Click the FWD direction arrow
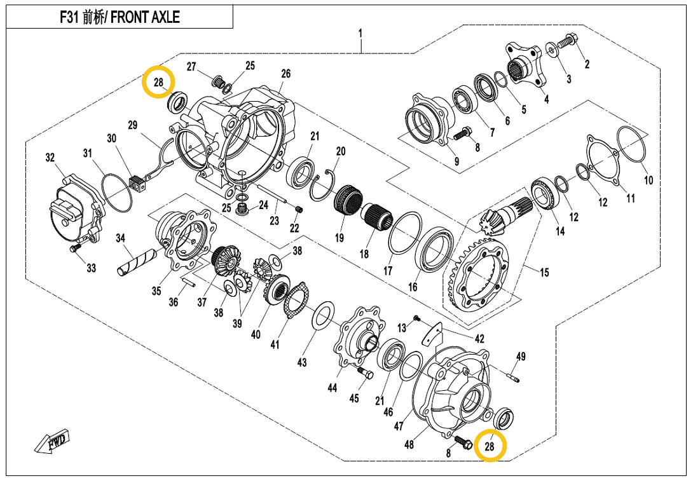53,442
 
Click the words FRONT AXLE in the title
145,17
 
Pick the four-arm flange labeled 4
525,64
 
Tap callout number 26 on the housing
286,74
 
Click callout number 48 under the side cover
409,444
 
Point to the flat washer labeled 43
324,316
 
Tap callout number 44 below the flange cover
333,388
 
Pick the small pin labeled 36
189,280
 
